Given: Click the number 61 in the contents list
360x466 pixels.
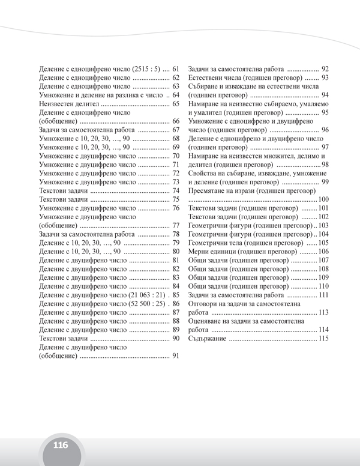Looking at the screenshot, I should click(x=176, y=68).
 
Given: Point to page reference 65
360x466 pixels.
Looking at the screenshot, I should click(x=176, y=103).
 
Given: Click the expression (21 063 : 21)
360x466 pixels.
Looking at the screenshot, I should click(x=146, y=295).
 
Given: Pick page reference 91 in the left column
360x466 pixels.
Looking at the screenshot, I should click(x=176, y=356).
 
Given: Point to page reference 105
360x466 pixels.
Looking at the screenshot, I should click(x=323, y=243).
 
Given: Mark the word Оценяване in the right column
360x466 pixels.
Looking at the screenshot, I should click(x=207, y=321).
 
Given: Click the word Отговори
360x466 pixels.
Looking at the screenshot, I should click(x=205, y=304).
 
